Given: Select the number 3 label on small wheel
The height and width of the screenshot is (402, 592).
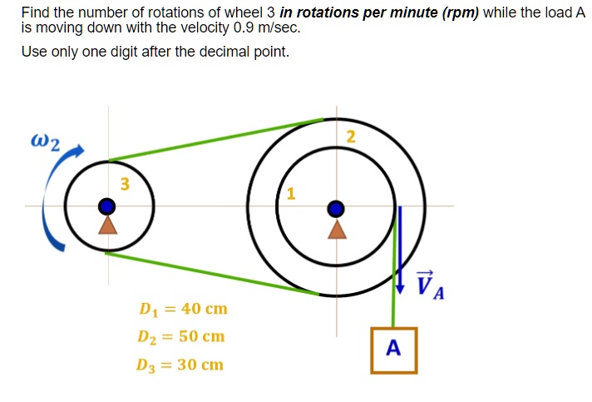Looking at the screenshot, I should click(125, 185).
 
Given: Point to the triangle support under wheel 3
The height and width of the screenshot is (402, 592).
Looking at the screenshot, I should click(106, 224).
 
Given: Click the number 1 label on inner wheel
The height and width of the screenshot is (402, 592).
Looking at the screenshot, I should click(290, 195).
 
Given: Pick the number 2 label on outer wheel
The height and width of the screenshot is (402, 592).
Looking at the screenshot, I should click(350, 137).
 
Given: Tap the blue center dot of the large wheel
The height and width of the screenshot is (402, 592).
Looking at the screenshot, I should click(336, 207).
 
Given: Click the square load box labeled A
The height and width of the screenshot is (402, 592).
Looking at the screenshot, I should click(394, 350).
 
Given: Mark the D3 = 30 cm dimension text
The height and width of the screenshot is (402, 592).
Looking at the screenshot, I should click(182, 365).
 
